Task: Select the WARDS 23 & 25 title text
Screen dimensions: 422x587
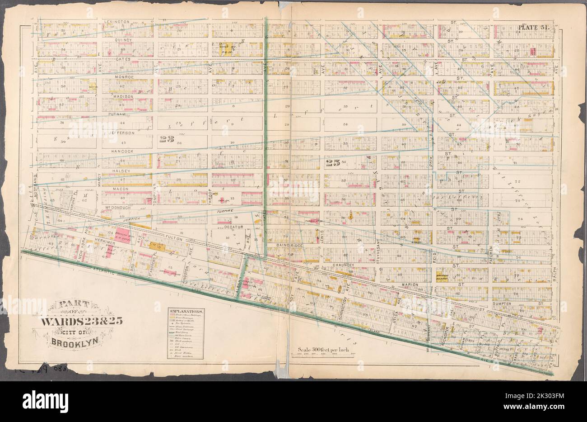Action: point(81,322)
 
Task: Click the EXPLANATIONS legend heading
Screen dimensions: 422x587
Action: point(186,312)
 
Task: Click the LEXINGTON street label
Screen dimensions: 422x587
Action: point(117,21)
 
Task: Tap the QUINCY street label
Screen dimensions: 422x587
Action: point(120,40)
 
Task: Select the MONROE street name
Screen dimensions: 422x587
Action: point(119,77)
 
